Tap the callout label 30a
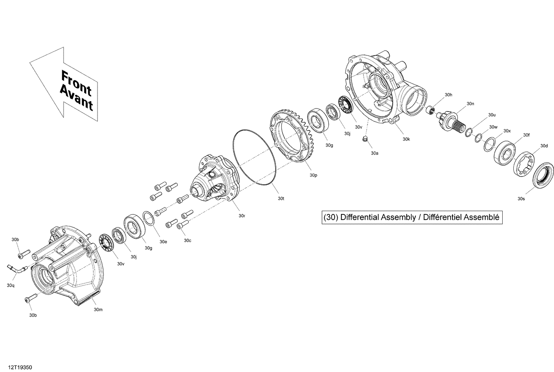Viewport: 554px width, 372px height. (x=375, y=153)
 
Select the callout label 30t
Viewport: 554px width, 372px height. (x=281, y=199)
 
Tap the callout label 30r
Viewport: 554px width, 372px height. (x=242, y=216)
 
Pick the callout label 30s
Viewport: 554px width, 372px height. (x=521, y=199)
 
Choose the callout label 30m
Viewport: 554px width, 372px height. (x=98, y=310)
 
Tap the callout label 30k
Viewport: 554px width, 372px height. (x=406, y=139)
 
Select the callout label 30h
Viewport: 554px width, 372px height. (x=448, y=95)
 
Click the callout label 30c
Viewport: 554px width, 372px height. (x=188, y=241)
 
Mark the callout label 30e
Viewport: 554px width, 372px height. (x=163, y=242)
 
